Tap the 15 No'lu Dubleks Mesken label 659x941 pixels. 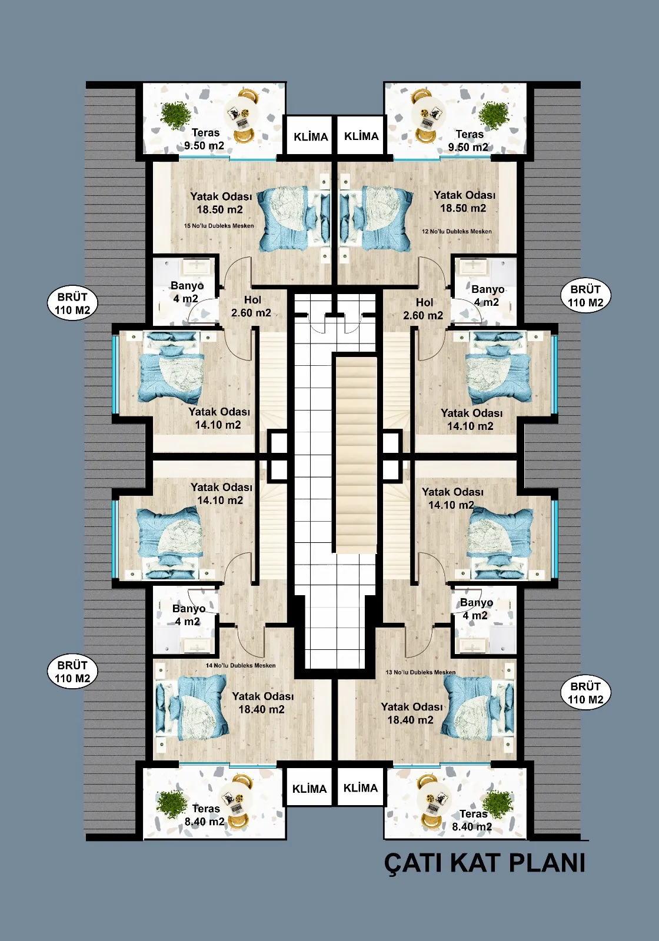point(219,226)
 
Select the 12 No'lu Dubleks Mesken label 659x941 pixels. point(457,231)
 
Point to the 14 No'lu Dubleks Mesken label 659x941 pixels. point(241,665)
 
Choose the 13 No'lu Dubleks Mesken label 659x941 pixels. point(421,672)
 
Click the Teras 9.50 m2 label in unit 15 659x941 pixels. point(205,139)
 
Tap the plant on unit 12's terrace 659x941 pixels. point(494,114)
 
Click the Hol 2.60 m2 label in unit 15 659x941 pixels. point(251,306)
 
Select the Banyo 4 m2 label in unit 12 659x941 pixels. point(487,295)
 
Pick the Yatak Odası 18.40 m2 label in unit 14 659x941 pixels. point(262,703)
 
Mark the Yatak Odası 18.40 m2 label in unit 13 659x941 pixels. point(411,713)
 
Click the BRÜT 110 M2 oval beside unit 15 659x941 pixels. point(73,303)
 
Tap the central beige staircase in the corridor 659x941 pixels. point(356,453)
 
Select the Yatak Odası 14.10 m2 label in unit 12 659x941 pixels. point(471,419)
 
